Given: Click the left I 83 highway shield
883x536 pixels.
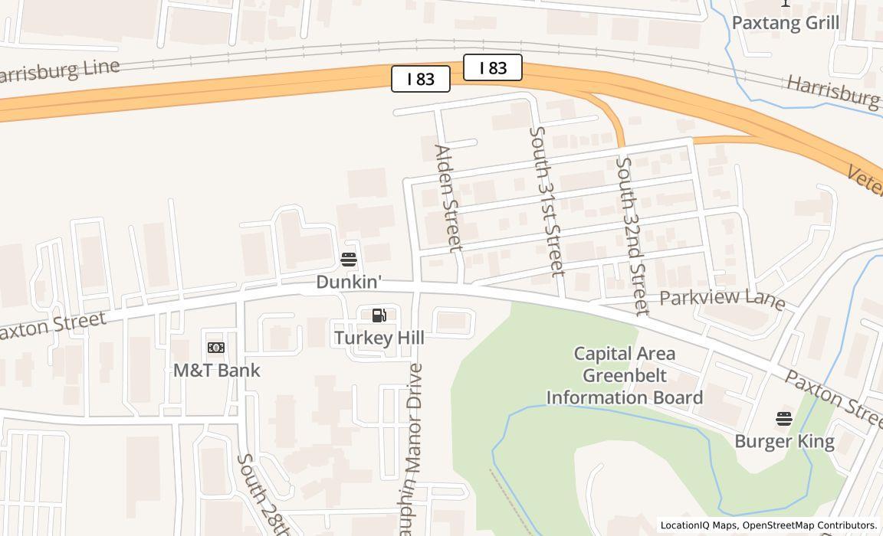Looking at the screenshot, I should [x=420, y=79].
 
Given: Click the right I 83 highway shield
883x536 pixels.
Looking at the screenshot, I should [x=493, y=68].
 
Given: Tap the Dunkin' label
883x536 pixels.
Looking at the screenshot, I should [x=349, y=282].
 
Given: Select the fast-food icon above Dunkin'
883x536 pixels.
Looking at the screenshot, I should [x=349, y=259].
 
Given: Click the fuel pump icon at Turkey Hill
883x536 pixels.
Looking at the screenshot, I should [x=379, y=315].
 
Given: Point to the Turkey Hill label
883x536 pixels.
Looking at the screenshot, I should [x=379, y=338].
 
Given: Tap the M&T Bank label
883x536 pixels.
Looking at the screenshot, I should [x=217, y=371].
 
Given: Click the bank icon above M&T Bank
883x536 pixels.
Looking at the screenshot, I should [x=216, y=348].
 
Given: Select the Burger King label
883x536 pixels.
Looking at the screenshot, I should [x=784, y=441].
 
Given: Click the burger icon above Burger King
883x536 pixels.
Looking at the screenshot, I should [x=783, y=419].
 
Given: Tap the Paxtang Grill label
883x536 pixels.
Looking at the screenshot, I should [x=786, y=22].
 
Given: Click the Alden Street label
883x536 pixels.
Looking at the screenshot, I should [x=448, y=198].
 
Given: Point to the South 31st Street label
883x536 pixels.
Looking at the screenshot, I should [x=547, y=201].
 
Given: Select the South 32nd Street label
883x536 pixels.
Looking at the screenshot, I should [x=633, y=236].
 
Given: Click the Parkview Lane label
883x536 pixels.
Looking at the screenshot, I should [x=722, y=299].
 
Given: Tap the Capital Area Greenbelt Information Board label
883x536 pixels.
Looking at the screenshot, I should [x=625, y=375].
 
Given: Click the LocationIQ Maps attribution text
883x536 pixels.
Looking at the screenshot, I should [x=698, y=525].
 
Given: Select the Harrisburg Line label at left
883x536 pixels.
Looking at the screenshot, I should [x=60, y=70].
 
